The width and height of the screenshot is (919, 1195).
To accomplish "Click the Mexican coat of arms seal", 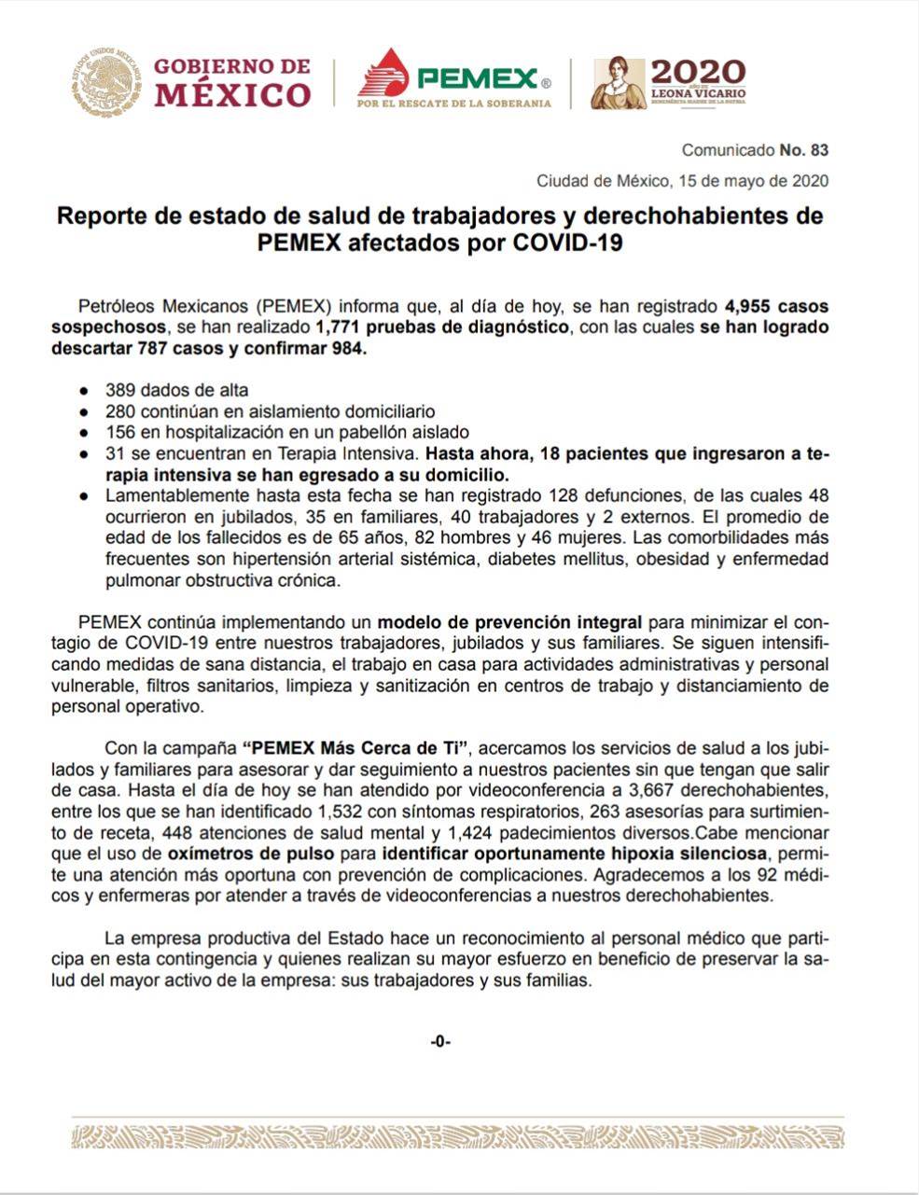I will pos(108,82).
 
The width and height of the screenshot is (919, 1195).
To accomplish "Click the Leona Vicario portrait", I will pos(618,83).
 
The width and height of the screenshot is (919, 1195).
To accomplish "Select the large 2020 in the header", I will pos(698,72).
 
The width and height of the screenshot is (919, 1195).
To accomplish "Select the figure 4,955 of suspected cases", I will pos(754,306).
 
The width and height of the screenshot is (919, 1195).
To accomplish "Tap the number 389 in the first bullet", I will pos(119,390).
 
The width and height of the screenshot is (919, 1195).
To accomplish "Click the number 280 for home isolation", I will pos(119,411).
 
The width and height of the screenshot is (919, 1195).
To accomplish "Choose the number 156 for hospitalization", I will pos(119,433).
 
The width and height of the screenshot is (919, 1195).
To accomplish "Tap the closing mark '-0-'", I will pos(440,1041).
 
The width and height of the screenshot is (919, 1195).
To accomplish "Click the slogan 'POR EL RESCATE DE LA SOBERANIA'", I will pos(454,104).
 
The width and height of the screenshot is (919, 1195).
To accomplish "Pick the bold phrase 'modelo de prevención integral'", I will pos(509,622).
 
